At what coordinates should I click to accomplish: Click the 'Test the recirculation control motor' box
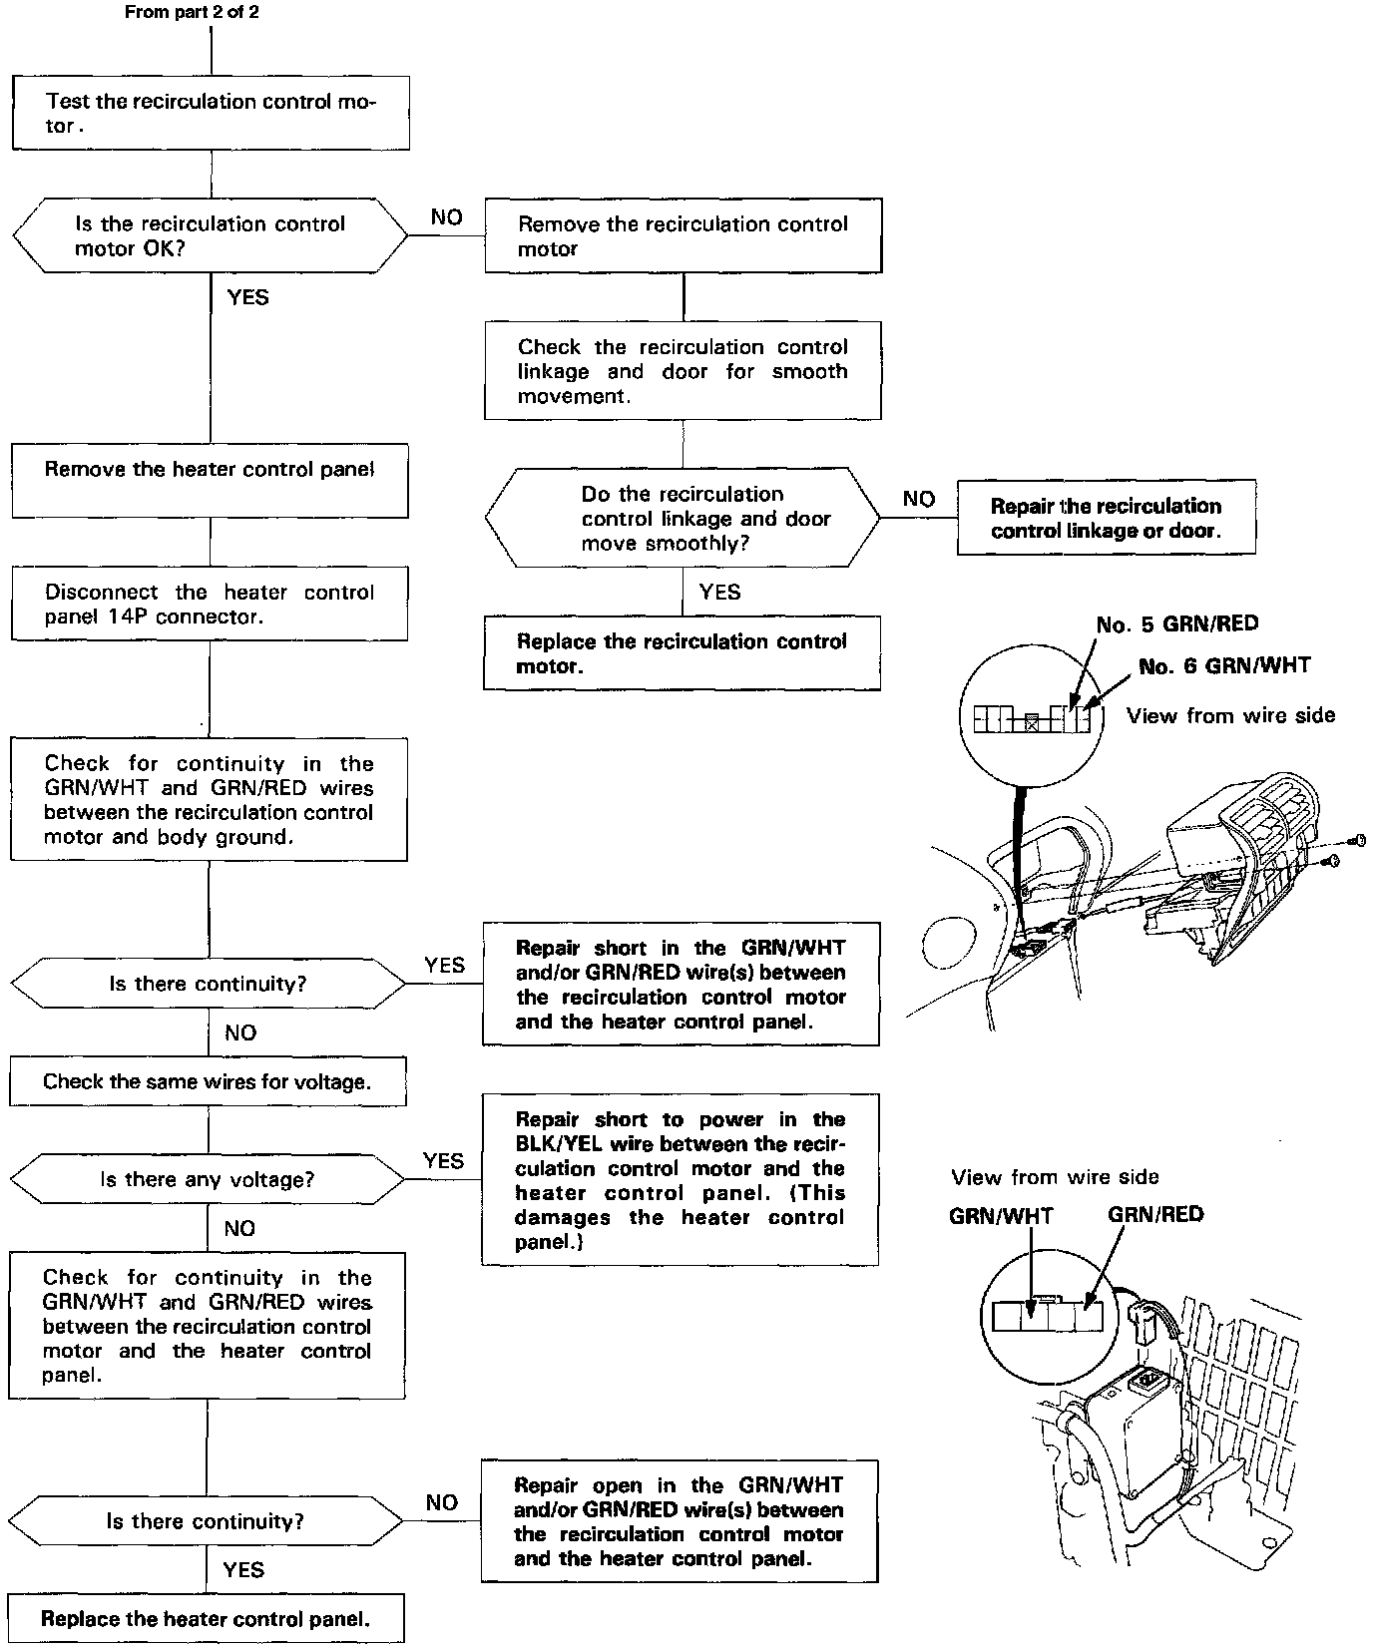pyautogui.click(x=211, y=113)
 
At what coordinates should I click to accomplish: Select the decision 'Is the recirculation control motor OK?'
pyautogui.click(x=210, y=236)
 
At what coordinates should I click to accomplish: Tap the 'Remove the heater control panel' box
pyautogui.click(x=210, y=480)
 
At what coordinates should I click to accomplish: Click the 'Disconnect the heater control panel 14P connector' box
pyautogui.click(x=210, y=604)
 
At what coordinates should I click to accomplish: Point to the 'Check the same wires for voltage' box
pyautogui.click(x=208, y=1081)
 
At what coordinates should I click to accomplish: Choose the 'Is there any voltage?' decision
pyautogui.click(x=208, y=1179)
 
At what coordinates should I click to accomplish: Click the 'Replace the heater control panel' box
pyautogui.click(x=206, y=1618)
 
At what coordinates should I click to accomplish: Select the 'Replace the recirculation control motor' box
pyautogui.click(x=683, y=653)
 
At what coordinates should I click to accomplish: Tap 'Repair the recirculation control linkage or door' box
pyautogui.click(x=1106, y=518)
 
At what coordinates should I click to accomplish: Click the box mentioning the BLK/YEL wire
pyautogui.click(x=681, y=1180)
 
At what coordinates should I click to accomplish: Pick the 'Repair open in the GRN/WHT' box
pyautogui.click(x=680, y=1521)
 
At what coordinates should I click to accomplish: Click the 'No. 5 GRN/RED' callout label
pyautogui.click(x=1177, y=624)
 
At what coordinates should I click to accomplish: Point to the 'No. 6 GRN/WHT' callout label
pyautogui.click(x=1224, y=666)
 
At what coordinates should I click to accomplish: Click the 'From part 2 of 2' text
pyautogui.click(x=193, y=13)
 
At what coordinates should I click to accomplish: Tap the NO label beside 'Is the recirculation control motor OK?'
pyautogui.click(x=446, y=217)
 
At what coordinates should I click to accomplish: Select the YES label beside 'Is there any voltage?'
pyautogui.click(x=443, y=1160)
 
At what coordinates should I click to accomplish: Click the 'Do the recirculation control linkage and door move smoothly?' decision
pyautogui.click(x=684, y=519)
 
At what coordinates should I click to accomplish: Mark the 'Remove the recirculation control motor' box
pyautogui.click(x=684, y=236)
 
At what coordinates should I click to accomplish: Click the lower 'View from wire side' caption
pyautogui.click(x=1055, y=1177)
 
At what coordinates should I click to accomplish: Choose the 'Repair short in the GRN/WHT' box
pyautogui.click(x=682, y=985)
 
